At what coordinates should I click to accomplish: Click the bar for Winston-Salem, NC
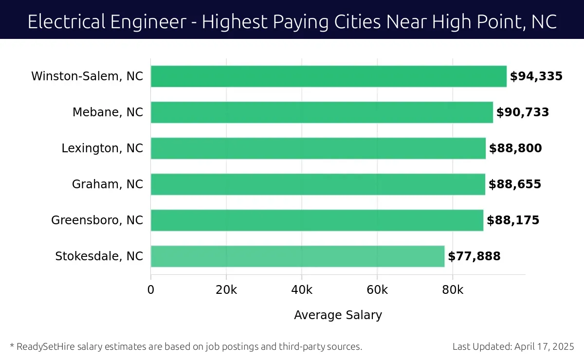(x=328, y=76)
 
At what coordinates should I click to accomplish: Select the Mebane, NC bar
(x=322, y=112)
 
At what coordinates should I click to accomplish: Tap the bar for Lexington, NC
(x=318, y=148)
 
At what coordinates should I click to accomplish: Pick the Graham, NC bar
(x=318, y=184)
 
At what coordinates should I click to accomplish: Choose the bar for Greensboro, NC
(x=317, y=220)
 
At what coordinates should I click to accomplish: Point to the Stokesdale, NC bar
(x=297, y=256)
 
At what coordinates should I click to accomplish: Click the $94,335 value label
(x=536, y=76)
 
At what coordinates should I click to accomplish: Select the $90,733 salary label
(x=522, y=112)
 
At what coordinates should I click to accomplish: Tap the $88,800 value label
(x=515, y=148)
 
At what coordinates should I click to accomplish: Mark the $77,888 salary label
(x=474, y=256)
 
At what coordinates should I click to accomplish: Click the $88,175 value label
(x=513, y=220)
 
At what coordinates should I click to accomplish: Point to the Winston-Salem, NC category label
(x=87, y=76)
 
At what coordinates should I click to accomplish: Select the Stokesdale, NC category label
(x=99, y=256)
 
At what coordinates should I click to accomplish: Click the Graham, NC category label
(x=108, y=184)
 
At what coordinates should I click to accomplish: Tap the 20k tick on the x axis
(x=226, y=290)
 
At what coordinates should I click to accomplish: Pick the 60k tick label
(x=377, y=290)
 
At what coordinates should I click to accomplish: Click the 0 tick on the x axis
(x=151, y=290)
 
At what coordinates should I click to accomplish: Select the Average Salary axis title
(x=338, y=315)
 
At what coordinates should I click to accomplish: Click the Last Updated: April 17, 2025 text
(x=513, y=347)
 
